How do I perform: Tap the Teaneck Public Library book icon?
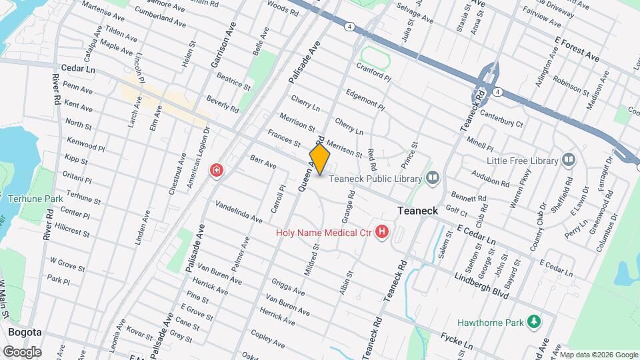433,178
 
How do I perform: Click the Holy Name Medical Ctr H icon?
382,233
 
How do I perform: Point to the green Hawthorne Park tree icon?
533,322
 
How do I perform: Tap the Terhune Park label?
35,199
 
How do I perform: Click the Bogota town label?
25,331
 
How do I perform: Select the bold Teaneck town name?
417,210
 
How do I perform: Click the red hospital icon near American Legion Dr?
216,171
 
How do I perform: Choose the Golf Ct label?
457,212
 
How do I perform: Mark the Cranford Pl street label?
373,73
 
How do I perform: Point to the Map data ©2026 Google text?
598,355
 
